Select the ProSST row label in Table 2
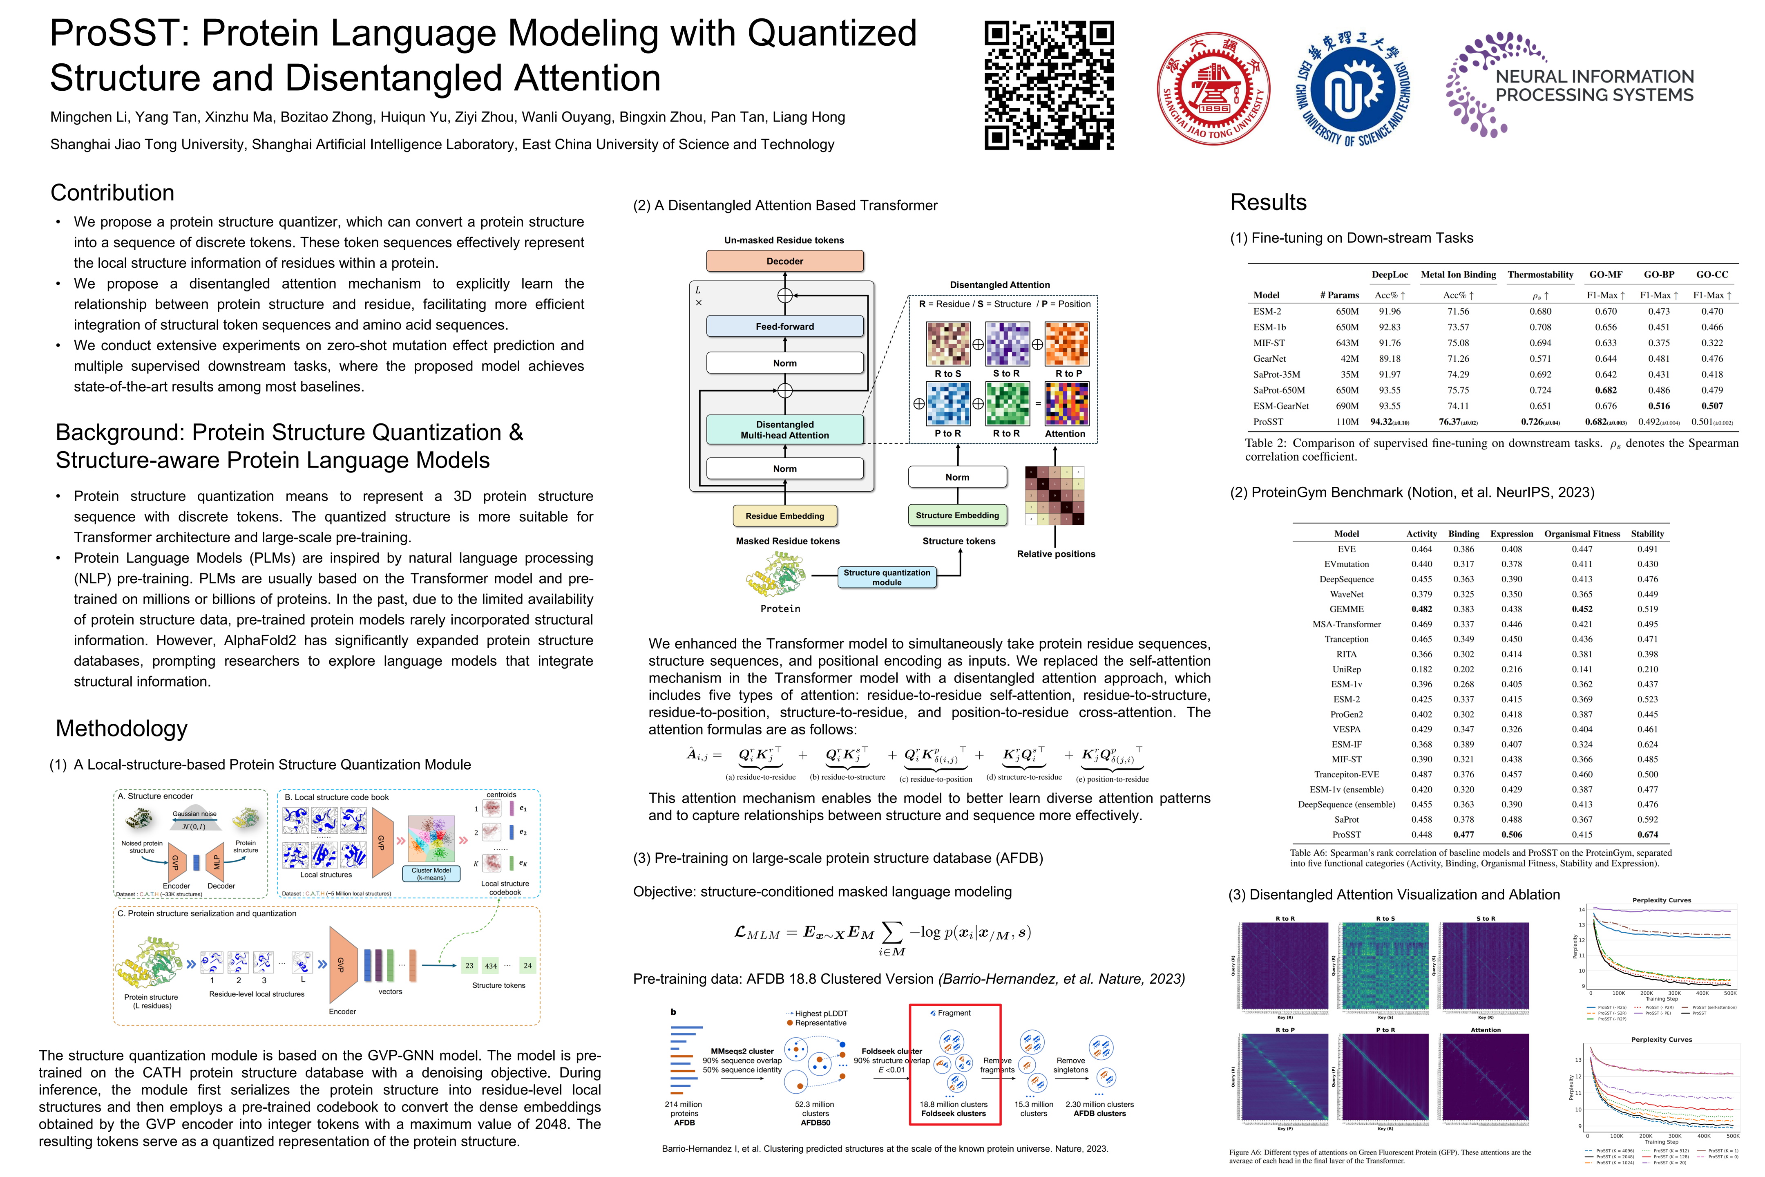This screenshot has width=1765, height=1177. (x=1268, y=422)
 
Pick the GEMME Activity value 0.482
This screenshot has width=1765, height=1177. (x=1421, y=609)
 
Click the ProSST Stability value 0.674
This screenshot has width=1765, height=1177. (x=1647, y=834)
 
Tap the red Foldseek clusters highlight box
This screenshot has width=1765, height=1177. (x=954, y=1064)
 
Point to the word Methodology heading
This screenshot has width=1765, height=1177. (x=122, y=728)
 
